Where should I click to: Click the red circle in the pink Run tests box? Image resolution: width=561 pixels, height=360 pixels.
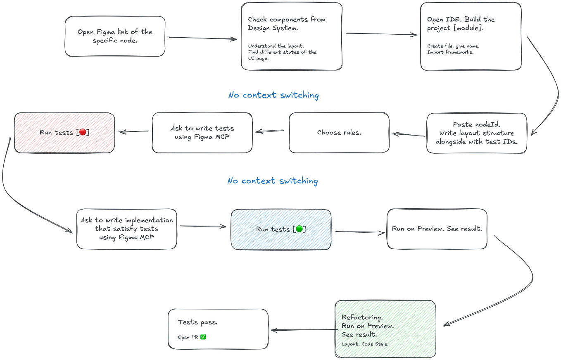[x=83, y=132]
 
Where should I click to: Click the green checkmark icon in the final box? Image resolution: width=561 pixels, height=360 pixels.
[x=203, y=337]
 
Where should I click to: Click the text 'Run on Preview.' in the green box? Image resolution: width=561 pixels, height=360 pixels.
[x=367, y=326]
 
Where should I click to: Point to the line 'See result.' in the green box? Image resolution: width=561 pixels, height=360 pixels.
[x=359, y=334]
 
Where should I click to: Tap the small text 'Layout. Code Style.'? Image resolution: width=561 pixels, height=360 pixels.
[x=365, y=344]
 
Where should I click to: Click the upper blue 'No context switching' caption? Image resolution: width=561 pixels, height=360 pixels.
[x=274, y=96]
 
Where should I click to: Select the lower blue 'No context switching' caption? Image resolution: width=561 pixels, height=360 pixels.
[x=273, y=181]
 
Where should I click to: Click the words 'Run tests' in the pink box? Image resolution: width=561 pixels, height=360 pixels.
[x=57, y=133]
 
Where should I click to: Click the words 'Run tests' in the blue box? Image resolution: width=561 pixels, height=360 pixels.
[x=273, y=229]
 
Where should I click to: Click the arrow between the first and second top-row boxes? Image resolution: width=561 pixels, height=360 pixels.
[x=202, y=38]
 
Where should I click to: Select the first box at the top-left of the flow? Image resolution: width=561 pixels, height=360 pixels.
[x=115, y=36]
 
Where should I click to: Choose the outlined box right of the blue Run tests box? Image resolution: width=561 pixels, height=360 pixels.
[x=437, y=229]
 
